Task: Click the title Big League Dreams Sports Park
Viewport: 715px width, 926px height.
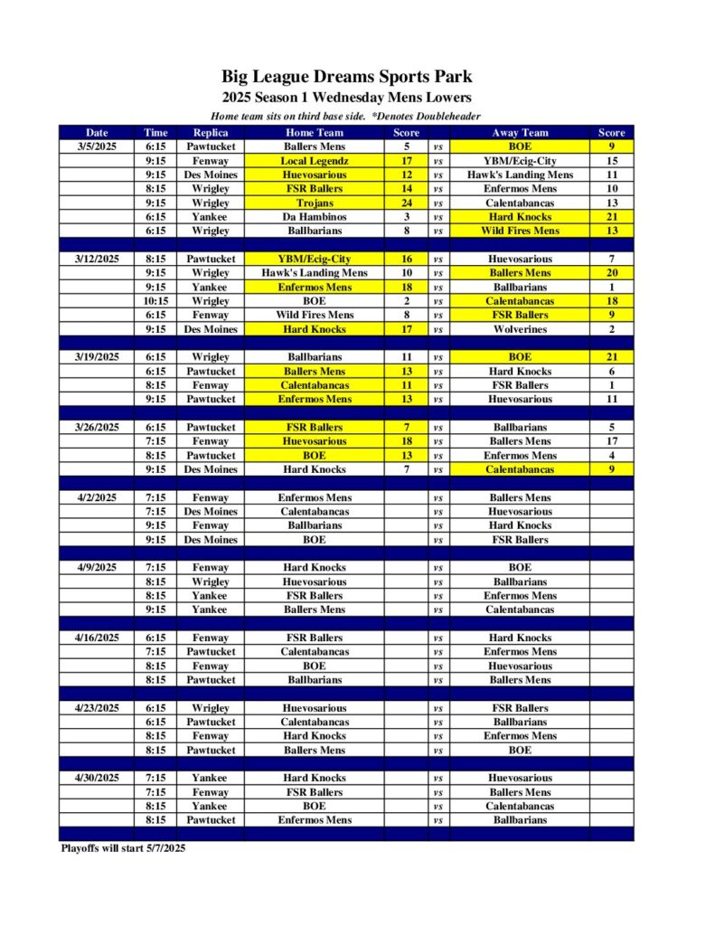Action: (346, 77)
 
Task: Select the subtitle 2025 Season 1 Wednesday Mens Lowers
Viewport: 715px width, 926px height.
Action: (346, 98)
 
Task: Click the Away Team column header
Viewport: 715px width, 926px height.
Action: (520, 132)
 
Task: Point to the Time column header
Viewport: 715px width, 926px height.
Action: (155, 132)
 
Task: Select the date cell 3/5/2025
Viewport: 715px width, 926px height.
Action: (97, 146)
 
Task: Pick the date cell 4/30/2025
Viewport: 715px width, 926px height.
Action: (97, 778)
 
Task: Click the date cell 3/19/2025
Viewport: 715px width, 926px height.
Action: (97, 357)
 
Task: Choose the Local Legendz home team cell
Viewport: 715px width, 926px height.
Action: (315, 161)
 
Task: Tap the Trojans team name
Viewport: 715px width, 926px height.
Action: (315, 203)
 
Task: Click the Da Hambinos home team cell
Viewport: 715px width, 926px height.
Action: (315, 217)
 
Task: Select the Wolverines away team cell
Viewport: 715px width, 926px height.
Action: (520, 329)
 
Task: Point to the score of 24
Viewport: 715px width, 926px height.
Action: (407, 203)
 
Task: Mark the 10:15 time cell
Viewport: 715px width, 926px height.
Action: (155, 301)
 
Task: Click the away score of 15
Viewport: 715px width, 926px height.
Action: (612, 161)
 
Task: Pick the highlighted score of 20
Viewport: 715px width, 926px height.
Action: (612, 273)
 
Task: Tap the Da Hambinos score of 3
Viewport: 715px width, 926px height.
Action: (407, 217)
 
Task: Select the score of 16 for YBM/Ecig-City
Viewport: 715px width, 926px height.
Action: (407, 259)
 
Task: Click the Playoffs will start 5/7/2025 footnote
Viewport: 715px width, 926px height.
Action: (123, 848)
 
